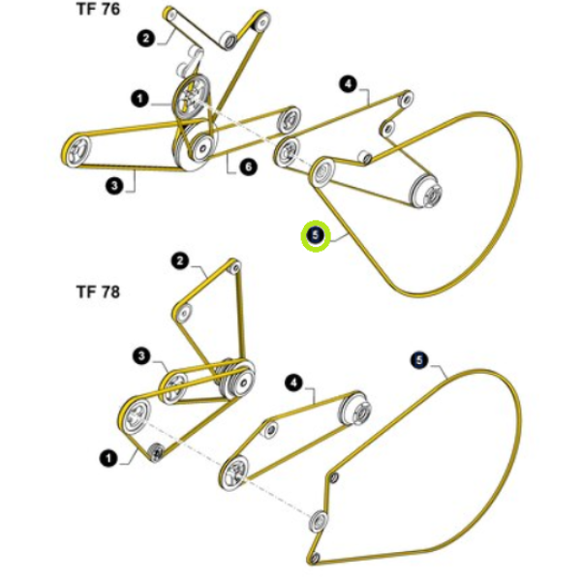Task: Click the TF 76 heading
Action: [x=98, y=9]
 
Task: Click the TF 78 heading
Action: [x=98, y=292]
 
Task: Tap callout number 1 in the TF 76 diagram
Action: [x=139, y=99]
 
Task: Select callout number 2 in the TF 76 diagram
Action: [x=146, y=38]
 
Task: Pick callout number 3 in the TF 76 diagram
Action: [x=114, y=185]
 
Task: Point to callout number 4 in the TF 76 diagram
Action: [x=348, y=84]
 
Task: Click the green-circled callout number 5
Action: [x=316, y=235]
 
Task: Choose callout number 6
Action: [x=248, y=167]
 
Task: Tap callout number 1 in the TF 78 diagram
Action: [x=108, y=459]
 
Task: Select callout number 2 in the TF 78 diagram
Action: [x=180, y=261]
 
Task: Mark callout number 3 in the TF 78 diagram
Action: [x=141, y=356]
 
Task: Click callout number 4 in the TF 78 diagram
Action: [x=293, y=382]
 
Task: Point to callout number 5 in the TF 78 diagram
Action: [x=419, y=360]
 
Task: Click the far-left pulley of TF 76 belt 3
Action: [x=76, y=150]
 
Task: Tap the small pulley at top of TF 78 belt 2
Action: [x=235, y=267]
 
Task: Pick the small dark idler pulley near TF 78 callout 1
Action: [x=156, y=452]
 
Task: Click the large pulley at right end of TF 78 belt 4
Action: [x=356, y=410]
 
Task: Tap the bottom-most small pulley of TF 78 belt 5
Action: [x=315, y=558]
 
